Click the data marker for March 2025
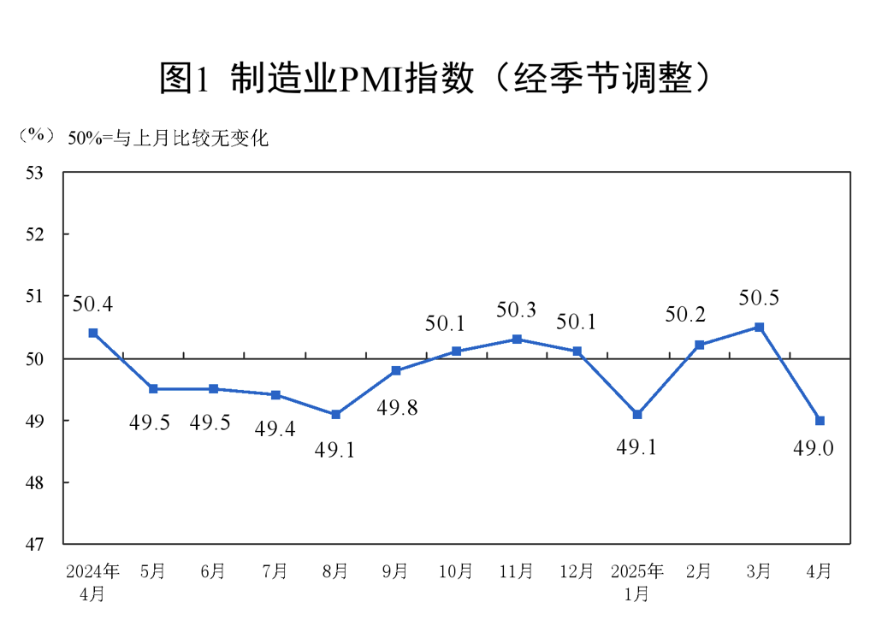[759, 328]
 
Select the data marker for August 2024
[335, 414]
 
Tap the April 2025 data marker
[820, 420]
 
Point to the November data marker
[517, 340]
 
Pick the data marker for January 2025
[637, 414]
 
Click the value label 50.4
[92, 304]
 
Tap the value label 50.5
[759, 299]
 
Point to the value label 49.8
[397, 408]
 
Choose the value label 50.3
[517, 310]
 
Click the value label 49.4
[275, 429]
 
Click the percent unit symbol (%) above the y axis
[36, 135]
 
